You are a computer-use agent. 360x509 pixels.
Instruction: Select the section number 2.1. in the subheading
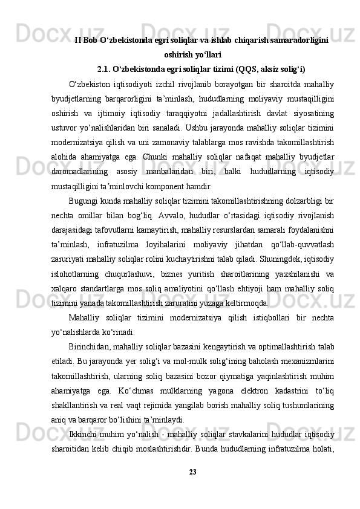(106, 68)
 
